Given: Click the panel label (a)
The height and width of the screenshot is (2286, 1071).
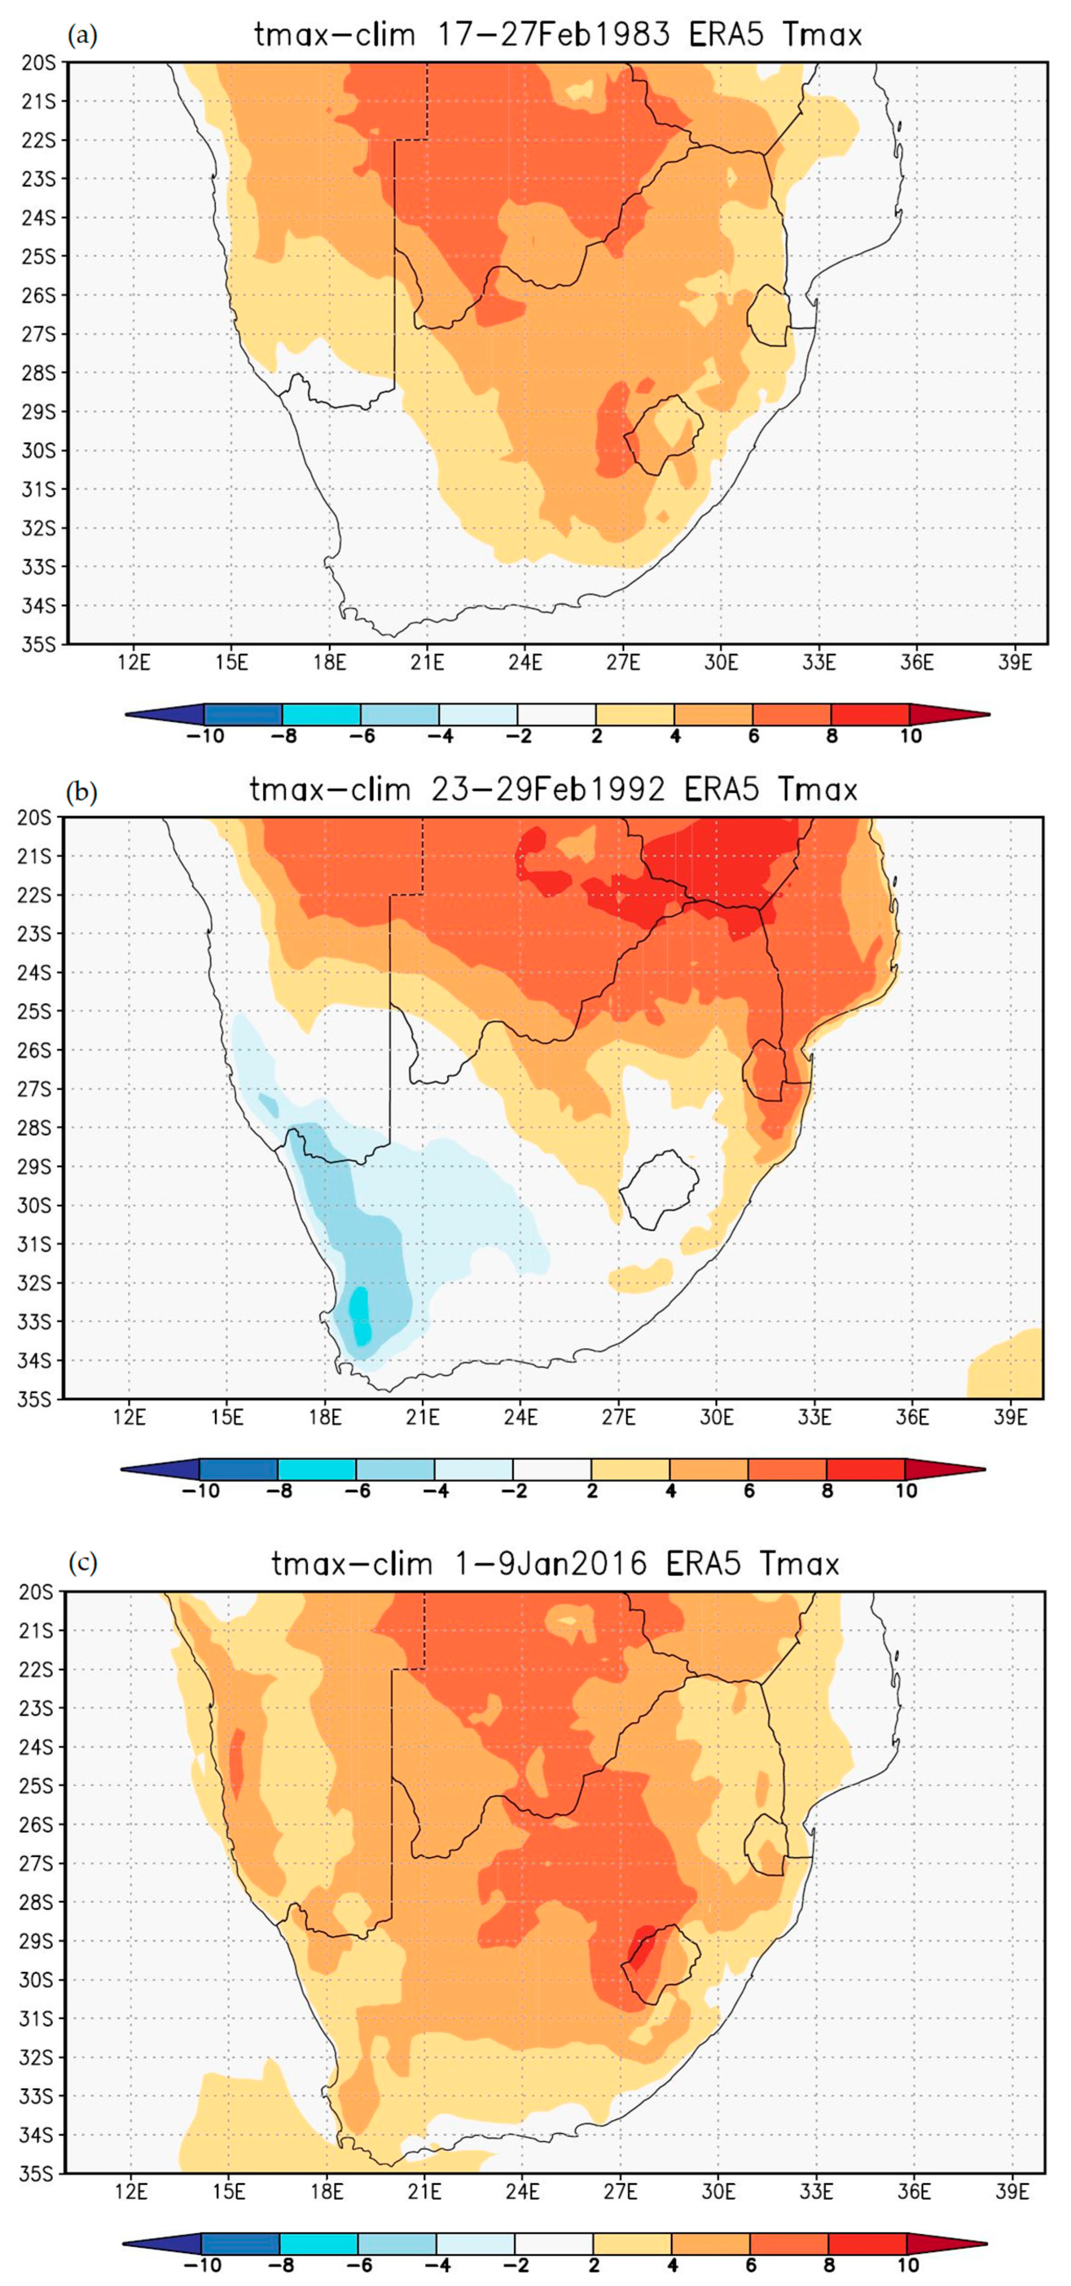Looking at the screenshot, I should point(83,36).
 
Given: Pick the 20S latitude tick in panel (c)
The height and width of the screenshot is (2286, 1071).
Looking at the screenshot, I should point(36,1592).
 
